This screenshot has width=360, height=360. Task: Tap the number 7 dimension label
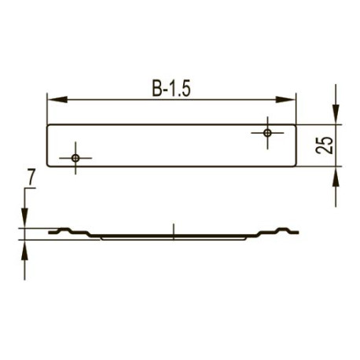coord(31,178)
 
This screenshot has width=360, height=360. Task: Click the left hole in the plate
coord(75,158)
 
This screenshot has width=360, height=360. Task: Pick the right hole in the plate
coord(267,133)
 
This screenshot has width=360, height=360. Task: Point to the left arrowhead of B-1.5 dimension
coord(57,100)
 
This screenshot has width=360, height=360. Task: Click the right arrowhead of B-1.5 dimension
coord(285,100)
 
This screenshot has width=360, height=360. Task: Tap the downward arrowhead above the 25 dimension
coord(336,114)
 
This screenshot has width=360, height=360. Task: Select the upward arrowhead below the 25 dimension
coord(336,176)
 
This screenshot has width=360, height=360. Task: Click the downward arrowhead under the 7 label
coord(24,218)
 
